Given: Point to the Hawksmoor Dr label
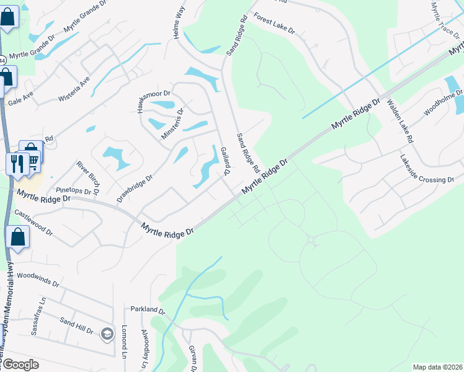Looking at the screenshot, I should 153,102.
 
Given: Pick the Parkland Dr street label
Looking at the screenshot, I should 148,309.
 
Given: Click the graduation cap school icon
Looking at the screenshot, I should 107,334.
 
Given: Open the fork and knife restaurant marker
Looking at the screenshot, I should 17,164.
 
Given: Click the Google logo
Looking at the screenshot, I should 20,365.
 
